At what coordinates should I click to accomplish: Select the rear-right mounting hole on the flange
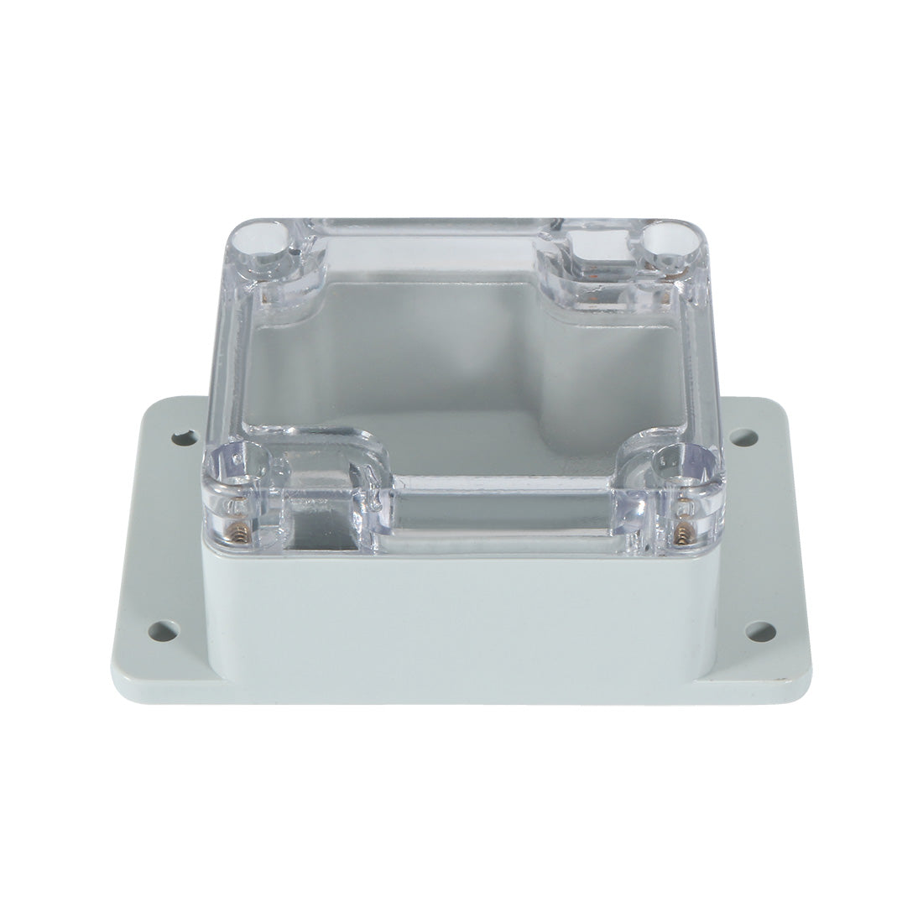coord(739,437)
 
